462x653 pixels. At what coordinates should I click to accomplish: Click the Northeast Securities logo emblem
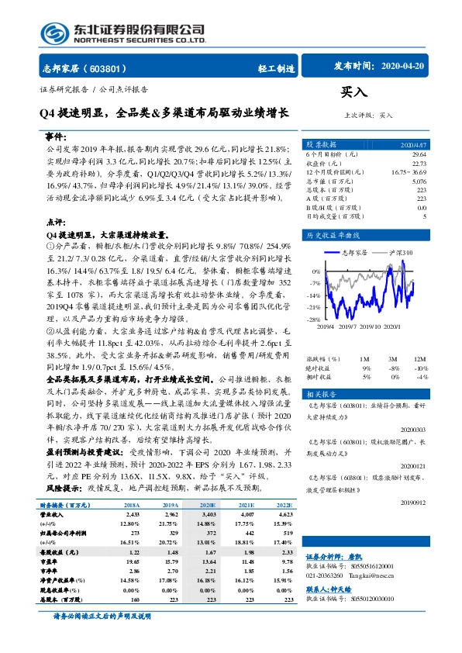52,32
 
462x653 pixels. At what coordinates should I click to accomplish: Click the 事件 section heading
57,135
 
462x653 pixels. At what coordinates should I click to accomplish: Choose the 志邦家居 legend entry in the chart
355,253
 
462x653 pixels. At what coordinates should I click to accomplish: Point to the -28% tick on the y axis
313,319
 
